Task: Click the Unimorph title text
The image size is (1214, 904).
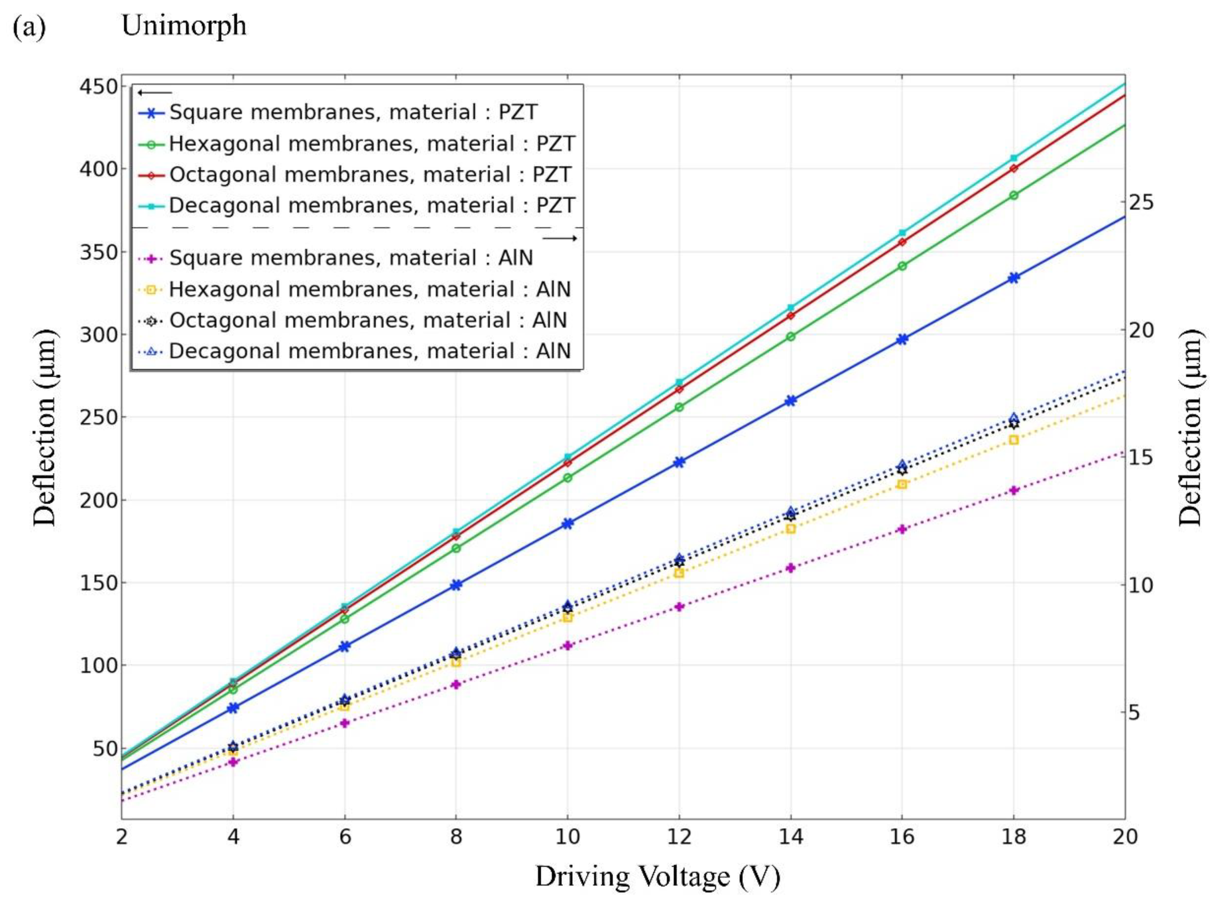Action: coord(184,26)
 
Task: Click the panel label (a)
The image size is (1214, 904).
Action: coord(28,27)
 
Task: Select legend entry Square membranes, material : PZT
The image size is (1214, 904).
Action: coord(353,112)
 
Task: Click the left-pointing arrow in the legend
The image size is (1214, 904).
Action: coord(155,92)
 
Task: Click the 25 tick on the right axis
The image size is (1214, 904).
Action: coord(1141,202)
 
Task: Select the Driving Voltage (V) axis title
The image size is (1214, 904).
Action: coord(657,877)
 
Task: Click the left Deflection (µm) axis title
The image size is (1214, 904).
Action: coord(45,427)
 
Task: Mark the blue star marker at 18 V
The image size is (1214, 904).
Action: coord(1013,277)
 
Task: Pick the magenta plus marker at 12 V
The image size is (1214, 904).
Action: coord(679,606)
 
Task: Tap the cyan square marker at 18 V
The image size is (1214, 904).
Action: coord(1013,158)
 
